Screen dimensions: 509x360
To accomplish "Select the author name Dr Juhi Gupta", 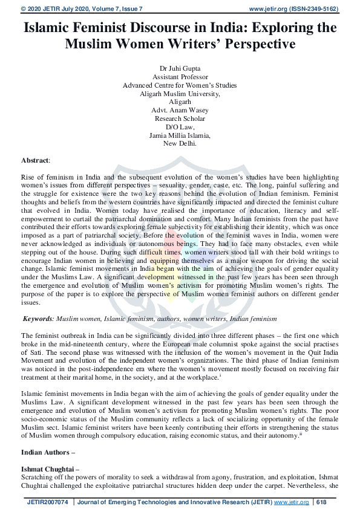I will point(180,70).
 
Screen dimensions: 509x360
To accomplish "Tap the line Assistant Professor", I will point(180,77).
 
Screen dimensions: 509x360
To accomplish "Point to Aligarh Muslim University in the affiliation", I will point(179,94).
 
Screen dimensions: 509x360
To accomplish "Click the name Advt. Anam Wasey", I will point(180,111).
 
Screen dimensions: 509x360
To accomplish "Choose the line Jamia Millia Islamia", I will point(180,135).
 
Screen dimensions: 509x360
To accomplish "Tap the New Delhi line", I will point(180,144).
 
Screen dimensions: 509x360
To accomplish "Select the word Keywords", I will point(38,318).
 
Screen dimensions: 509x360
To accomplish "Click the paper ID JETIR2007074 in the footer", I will point(48,502).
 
